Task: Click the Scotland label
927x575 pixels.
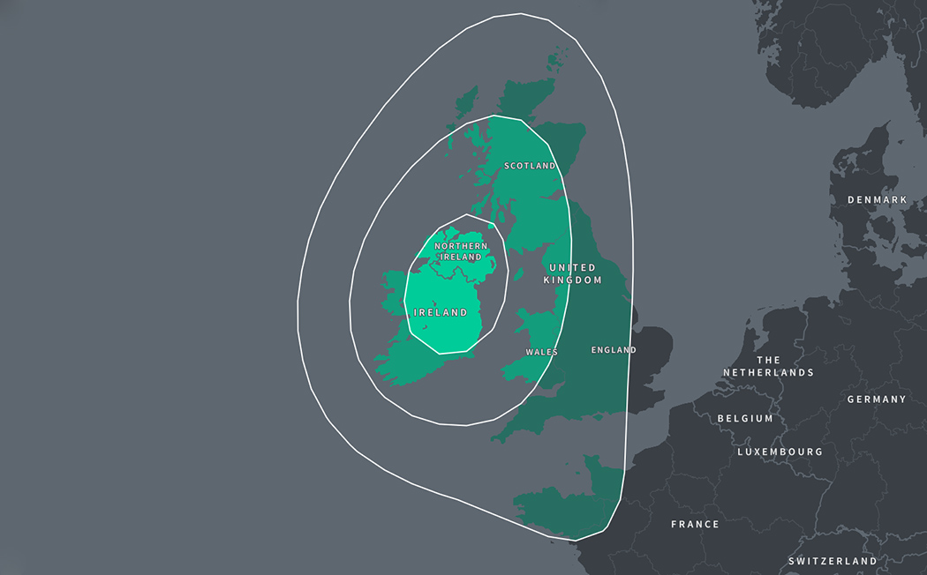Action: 530,166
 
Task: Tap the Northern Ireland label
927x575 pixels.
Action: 461,251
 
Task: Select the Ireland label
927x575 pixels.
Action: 441,312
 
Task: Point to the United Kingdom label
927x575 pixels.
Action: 572,273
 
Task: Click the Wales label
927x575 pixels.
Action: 541,352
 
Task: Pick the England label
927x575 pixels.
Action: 614,350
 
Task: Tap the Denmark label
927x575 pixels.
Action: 877,200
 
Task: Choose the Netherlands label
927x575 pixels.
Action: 768,366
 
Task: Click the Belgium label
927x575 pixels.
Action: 745,418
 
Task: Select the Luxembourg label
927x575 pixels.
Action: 780,452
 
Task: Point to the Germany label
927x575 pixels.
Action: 876,400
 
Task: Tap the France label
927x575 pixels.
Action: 695,524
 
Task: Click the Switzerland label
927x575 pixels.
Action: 833,561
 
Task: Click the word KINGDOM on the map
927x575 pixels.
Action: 572,280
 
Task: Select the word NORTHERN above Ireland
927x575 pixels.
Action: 461,246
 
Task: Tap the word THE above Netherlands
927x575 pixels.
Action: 768,360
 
